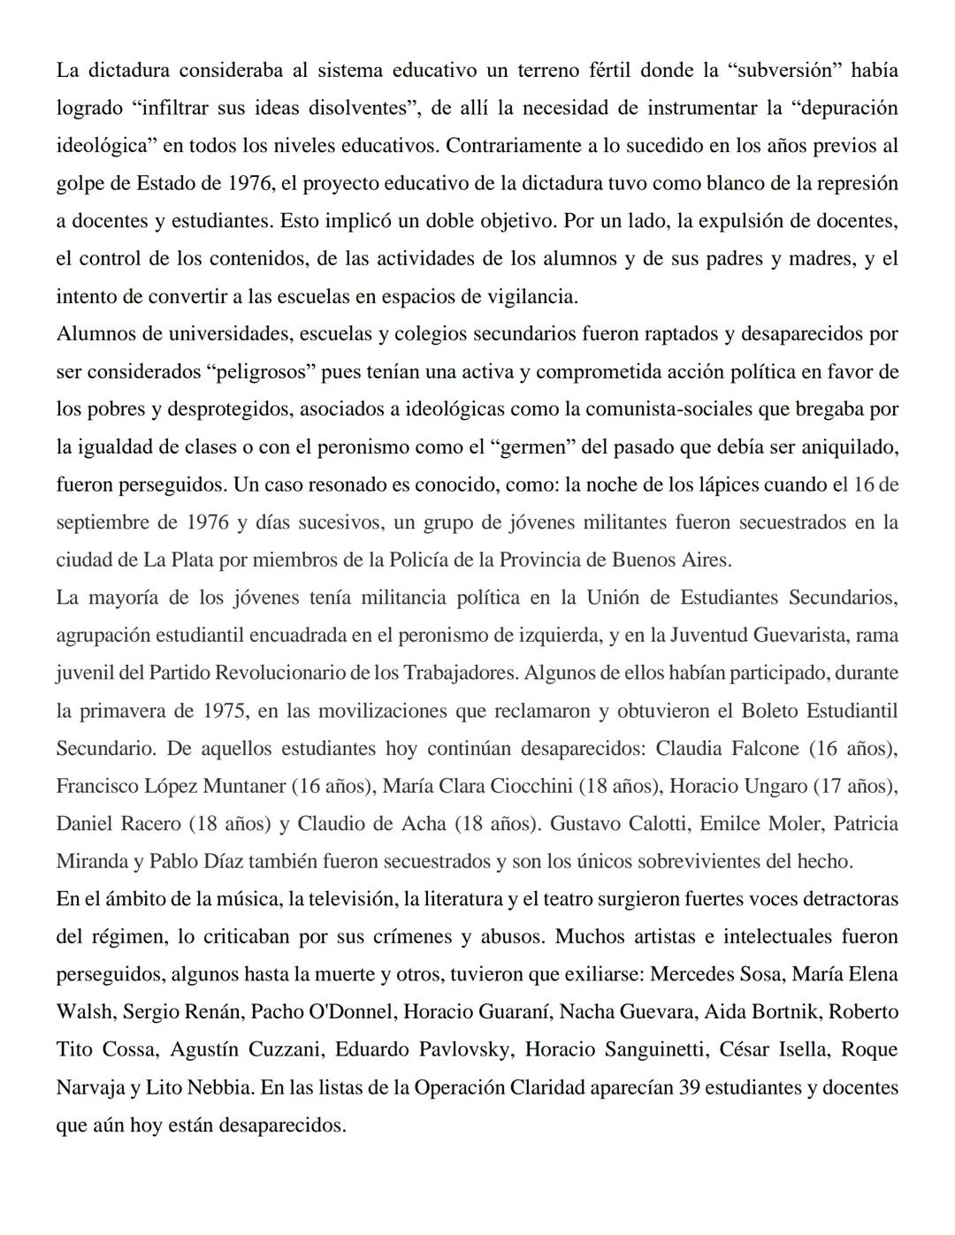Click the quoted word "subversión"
(x=781, y=70)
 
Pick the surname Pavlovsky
(x=463, y=1049)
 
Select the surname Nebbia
(x=216, y=1087)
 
